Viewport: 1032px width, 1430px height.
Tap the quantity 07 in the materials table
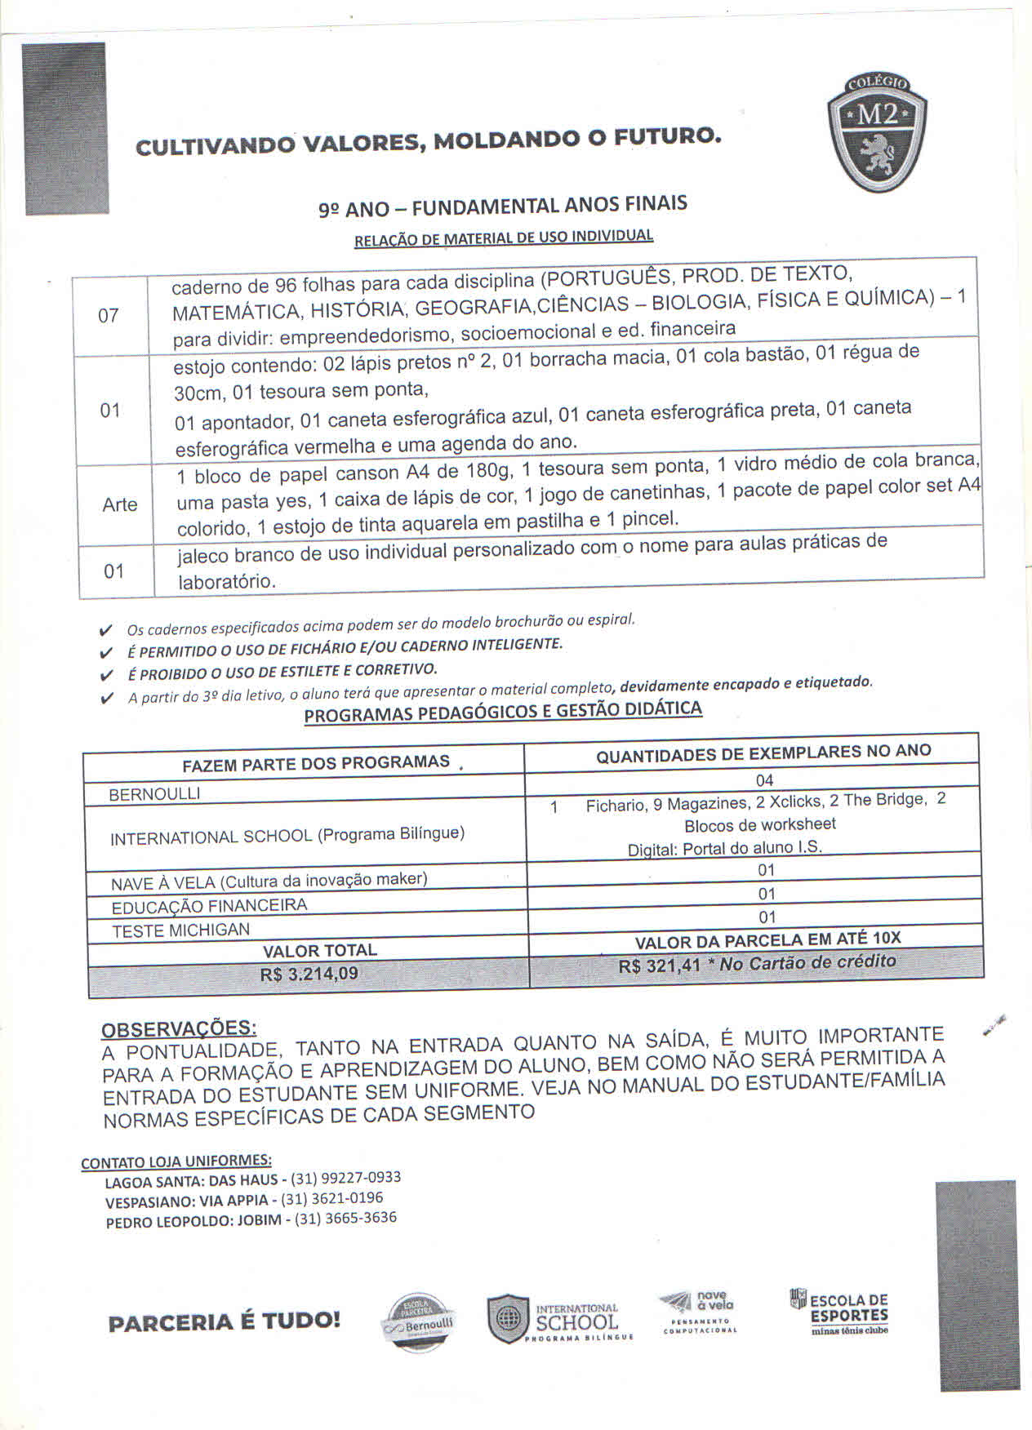108,315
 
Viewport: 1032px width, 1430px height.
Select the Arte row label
119,504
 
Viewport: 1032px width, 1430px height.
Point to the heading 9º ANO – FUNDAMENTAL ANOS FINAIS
502,206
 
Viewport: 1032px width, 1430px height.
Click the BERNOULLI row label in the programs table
154,793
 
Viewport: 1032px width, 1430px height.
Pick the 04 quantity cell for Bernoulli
764,780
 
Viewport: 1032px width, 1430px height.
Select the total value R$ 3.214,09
309,974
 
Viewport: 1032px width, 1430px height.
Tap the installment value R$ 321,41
660,966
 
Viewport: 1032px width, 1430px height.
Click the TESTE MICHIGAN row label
180,930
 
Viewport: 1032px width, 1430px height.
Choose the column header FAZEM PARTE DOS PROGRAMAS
316,762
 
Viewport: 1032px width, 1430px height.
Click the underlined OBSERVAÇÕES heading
178,1028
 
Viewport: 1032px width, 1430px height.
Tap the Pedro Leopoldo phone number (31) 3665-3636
345,1219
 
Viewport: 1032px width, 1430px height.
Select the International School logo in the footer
560,1320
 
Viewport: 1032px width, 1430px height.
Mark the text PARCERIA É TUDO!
224,1321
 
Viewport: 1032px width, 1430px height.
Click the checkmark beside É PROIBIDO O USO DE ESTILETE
105,675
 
